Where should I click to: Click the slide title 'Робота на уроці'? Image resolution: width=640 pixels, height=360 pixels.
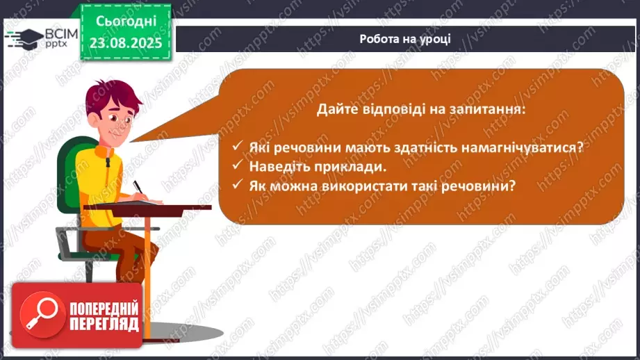tap(405, 38)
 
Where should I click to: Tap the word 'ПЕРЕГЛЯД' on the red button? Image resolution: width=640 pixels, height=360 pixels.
tap(104, 324)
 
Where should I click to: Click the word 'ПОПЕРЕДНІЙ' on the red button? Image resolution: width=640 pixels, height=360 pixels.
tap(104, 308)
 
